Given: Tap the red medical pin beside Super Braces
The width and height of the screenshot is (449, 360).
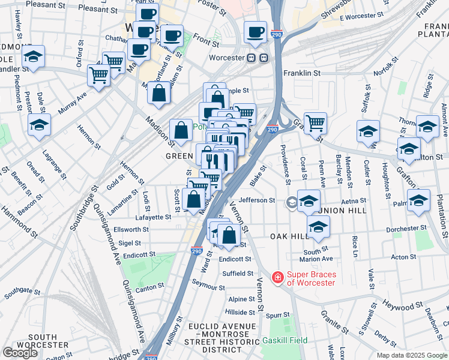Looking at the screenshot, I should point(277,277).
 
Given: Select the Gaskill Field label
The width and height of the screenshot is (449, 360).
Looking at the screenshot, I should point(285,340).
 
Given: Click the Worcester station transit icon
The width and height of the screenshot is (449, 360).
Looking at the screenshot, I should point(264,58).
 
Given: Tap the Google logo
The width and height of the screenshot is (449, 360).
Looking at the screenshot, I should point(20,353).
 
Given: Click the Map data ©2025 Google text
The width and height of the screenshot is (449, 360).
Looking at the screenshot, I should point(412,355).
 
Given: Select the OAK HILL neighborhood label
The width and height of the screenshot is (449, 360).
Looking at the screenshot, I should point(289,236).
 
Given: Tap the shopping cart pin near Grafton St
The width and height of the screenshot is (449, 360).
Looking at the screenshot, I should point(315,123).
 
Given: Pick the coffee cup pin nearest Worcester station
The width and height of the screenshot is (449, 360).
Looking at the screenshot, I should point(255,32).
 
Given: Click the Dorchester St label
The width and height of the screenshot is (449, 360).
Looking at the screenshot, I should point(406,229).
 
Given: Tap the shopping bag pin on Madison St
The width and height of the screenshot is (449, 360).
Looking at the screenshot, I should point(181,130).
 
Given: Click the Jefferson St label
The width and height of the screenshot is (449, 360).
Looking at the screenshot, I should point(256,200).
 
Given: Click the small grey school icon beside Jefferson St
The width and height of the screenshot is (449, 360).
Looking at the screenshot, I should point(292,202).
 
